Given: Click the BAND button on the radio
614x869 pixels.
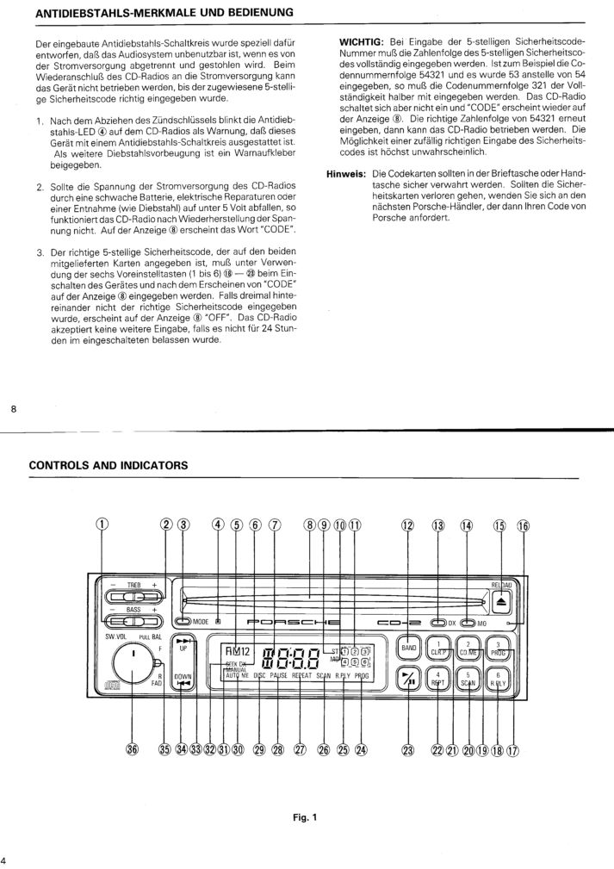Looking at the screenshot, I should [x=408, y=647].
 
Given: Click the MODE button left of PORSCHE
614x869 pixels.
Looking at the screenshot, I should [x=183, y=621].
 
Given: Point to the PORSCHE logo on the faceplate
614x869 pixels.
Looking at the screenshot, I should [x=292, y=621].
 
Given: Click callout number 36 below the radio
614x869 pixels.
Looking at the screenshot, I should [x=132, y=748].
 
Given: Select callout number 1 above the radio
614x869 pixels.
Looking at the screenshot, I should [x=102, y=526].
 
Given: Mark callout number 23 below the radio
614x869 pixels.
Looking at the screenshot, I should [x=408, y=748].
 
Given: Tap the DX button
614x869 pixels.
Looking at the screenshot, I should [x=439, y=621].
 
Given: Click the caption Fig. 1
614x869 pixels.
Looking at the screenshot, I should [x=304, y=817].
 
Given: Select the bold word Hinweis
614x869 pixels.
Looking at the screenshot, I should [x=346, y=173].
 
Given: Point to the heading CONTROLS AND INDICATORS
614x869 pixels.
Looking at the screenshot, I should [x=108, y=465].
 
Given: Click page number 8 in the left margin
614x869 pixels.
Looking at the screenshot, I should [x=14, y=409].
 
